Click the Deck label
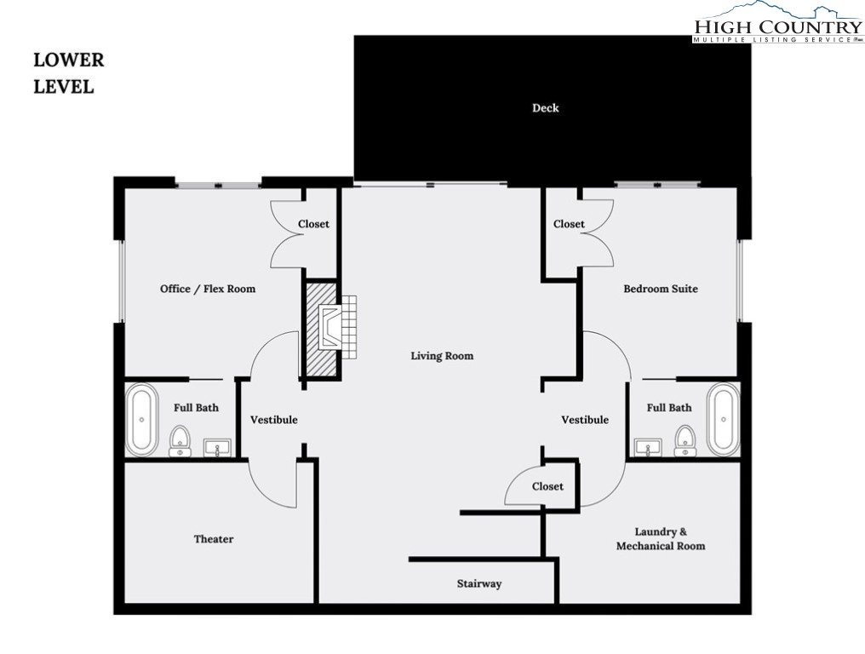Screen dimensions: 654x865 pos(546,108)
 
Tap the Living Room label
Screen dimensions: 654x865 pos(442,356)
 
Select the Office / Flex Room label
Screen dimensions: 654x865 pos(208,289)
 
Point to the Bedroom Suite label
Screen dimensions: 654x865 pos(660,289)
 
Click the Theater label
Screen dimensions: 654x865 pos(213,539)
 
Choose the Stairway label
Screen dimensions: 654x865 pos(478,584)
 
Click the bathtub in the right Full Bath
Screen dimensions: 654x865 pos(725,420)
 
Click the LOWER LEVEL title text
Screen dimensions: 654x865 pos(68,73)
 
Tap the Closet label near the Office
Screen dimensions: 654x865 pos(313,224)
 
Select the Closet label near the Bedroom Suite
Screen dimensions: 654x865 pos(569,224)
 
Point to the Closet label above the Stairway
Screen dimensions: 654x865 pos(547,486)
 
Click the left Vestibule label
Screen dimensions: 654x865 pos(273,420)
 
